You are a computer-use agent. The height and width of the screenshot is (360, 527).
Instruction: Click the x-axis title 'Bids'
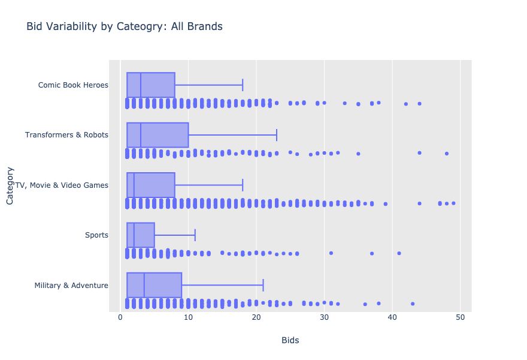[x=290, y=341]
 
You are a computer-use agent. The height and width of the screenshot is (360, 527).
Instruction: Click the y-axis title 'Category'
[x=10, y=185]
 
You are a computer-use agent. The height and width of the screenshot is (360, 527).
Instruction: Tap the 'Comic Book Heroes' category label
[x=73, y=85]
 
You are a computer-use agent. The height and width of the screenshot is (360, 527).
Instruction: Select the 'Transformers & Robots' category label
[x=66, y=135]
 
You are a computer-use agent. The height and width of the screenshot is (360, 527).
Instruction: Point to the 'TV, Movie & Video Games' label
[x=62, y=185]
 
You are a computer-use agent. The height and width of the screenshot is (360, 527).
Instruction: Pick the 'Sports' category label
[x=97, y=235]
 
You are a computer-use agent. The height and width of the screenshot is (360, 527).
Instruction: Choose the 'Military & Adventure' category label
[x=71, y=285]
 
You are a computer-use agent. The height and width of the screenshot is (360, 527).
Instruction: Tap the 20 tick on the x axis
[x=256, y=317]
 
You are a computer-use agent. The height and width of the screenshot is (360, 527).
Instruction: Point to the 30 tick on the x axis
[x=324, y=317]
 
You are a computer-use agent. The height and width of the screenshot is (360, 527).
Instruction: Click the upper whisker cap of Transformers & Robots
[x=277, y=135]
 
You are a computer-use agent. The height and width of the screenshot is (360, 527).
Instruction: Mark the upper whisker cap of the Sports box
[x=195, y=235]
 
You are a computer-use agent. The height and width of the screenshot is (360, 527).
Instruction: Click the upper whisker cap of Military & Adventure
[x=263, y=285]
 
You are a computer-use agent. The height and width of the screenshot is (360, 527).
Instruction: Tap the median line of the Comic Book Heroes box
[x=141, y=85]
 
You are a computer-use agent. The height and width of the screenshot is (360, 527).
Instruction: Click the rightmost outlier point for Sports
[x=399, y=253]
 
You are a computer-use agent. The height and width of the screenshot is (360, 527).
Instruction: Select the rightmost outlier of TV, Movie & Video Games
[x=453, y=203]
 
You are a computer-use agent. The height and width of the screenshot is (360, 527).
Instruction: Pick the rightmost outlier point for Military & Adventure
[x=413, y=304]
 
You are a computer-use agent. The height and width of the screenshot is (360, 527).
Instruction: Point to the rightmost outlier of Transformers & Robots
[x=447, y=154]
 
